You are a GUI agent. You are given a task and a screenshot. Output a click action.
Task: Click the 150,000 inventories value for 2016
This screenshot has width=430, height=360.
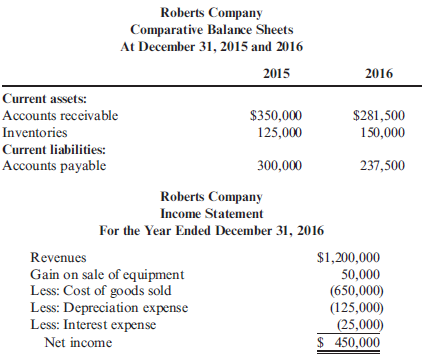point(381,132)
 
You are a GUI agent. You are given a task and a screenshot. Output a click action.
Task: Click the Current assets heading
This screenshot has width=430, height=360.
point(44,99)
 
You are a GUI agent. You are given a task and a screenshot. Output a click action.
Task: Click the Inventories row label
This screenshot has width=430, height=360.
point(36,132)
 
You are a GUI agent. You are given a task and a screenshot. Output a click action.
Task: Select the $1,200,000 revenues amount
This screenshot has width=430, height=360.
point(347,257)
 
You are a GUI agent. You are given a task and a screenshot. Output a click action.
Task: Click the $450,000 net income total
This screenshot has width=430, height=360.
point(349,342)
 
